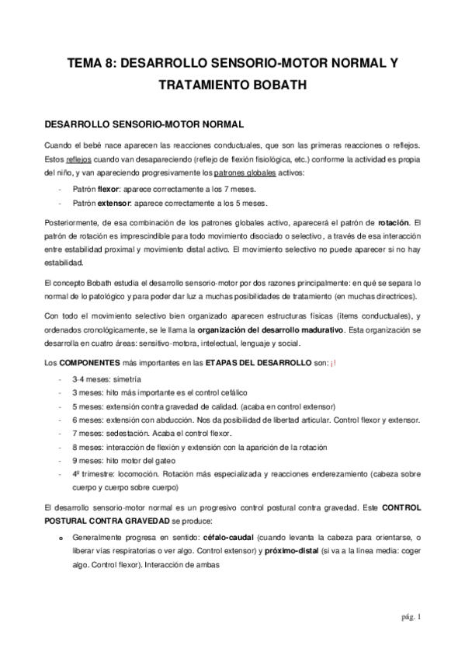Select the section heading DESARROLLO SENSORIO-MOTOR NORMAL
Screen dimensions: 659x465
(x=144, y=123)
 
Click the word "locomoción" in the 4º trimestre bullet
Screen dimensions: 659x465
(x=144, y=474)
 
